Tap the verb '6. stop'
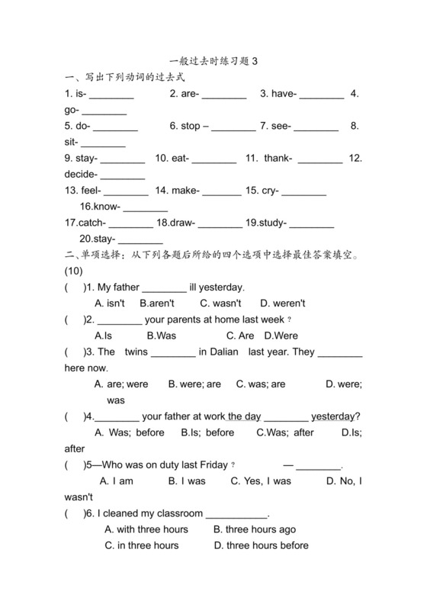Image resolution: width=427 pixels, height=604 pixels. click(x=185, y=126)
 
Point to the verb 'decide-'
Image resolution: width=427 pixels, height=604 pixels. click(x=82, y=174)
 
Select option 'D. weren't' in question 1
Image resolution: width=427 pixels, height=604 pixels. click(x=283, y=303)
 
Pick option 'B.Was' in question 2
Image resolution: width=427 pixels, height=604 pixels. click(x=162, y=336)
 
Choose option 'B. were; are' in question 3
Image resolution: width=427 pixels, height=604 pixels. click(x=194, y=384)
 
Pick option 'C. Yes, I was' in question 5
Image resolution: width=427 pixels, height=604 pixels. click(x=262, y=481)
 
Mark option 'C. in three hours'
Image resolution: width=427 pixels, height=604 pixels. click(x=142, y=545)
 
